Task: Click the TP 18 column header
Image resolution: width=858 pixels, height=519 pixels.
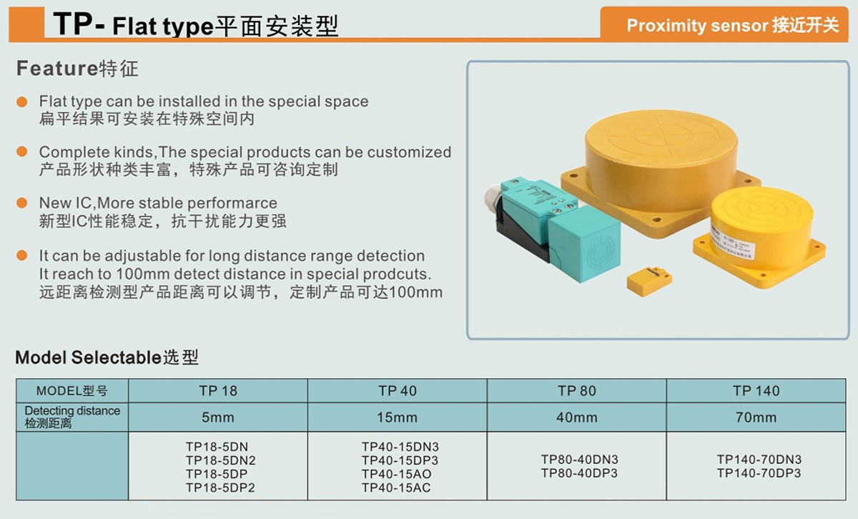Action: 218,391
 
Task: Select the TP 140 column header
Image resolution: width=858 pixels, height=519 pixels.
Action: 756,391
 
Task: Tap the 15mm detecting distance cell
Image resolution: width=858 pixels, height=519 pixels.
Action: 398,417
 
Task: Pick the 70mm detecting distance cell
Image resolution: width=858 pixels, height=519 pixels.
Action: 756,417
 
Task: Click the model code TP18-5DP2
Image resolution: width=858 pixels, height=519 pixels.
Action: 220,488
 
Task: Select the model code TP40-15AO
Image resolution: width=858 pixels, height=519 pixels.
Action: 396,474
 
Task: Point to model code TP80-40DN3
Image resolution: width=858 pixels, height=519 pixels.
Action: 579,460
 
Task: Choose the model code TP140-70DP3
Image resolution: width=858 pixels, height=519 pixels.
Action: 759,473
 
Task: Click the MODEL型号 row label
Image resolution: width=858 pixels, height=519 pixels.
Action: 72,391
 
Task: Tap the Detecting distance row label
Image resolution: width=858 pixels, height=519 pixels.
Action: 72,417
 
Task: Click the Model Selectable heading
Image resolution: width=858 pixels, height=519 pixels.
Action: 107,357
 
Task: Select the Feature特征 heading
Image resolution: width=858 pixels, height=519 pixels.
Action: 77,69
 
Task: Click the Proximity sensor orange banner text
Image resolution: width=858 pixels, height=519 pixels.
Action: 732,25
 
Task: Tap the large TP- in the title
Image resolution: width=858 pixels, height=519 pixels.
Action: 79,25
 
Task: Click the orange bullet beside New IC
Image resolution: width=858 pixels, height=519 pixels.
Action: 23,203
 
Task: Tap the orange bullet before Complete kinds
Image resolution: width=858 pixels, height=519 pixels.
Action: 23,152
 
